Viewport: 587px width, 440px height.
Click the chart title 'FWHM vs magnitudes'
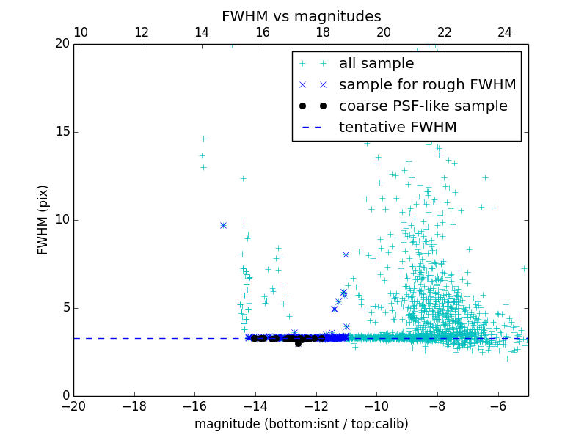pyautogui.click(x=301, y=16)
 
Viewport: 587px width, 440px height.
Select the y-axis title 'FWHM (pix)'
pyautogui.click(x=43, y=219)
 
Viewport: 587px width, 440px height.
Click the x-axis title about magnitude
pyautogui.click(x=301, y=424)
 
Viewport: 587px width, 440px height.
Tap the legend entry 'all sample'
pyautogui.click(x=376, y=64)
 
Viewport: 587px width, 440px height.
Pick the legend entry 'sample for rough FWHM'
pyautogui.click(x=427, y=84)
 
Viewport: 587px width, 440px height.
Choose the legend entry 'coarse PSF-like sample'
pyautogui.click(x=423, y=106)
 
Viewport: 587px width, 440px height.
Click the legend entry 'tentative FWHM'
pyautogui.click(x=398, y=127)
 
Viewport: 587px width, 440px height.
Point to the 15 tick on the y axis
pyautogui.click(x=61, y=132)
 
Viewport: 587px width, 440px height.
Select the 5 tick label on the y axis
pyautogui.click(x=65, y=307)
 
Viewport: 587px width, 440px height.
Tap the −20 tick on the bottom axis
pyautogui.click(x=73, y=406)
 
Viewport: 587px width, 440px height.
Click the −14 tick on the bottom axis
pyautogui.click(x=255, y=406)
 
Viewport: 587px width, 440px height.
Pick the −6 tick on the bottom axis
pyautogui.click(x=498, y=406)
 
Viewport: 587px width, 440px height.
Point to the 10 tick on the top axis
pyautogui.click(x=81, y=32)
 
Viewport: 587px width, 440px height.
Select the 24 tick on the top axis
pyautogui.click(x=505, y=32)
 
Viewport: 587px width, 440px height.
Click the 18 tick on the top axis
pyautogui.click(x=323, y=32)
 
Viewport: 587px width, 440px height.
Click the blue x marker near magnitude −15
pyautogui.click(x=223, y=225)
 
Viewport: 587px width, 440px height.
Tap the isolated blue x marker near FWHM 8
pyautogui.click(x=346, y=254)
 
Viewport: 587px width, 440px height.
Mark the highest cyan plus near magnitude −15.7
pyautogui.click(x=203, y=139)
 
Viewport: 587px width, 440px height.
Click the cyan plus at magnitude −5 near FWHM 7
pyautogui.click(x=524, y=268)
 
